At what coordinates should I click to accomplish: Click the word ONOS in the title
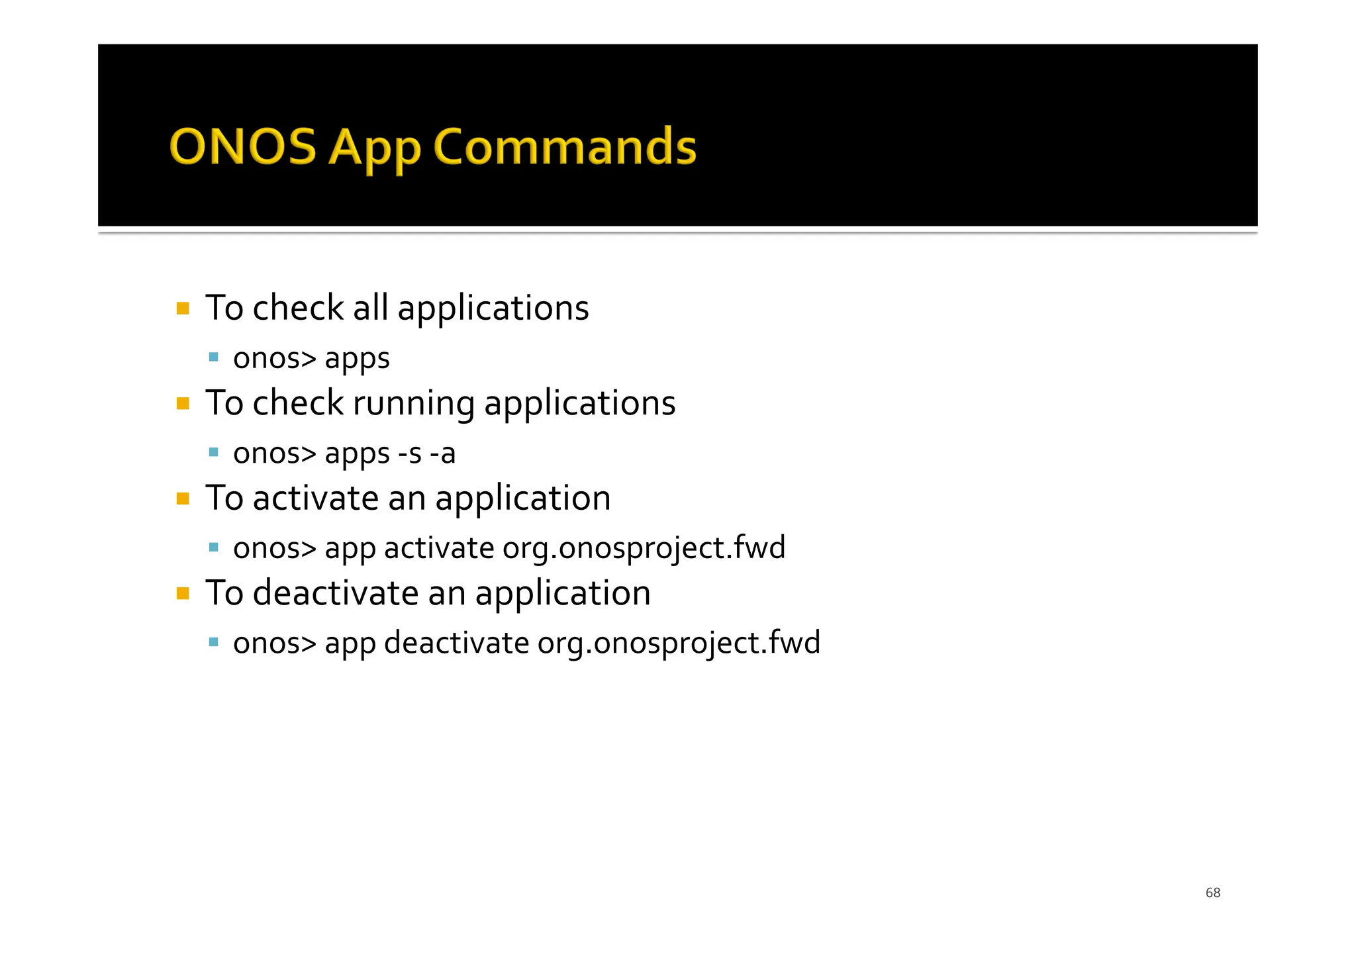point(243,146)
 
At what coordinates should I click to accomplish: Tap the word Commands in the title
point(564,146)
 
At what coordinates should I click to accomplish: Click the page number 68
point(1212,892)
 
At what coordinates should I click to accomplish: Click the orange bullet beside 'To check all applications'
point(183,309)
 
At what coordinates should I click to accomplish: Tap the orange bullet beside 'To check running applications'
point(183,403)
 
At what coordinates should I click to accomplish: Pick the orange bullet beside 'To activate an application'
point(183,499)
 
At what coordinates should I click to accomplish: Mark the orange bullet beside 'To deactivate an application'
point(183,593)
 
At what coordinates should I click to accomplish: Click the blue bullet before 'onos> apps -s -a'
point(213,453)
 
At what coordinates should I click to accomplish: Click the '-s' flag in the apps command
point(410,454)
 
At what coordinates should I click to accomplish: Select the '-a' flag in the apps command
point(442,454)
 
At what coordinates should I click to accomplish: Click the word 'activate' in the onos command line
point(439,548)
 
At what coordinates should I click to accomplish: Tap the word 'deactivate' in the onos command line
point(456,643)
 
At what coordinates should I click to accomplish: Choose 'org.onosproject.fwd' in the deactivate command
point(679,644)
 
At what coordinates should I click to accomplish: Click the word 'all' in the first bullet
point(370,308)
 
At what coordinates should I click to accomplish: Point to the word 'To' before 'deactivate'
point(224,593)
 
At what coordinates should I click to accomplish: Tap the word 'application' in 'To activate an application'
point(522,499)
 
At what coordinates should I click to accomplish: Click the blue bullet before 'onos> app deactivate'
point(213,642)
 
